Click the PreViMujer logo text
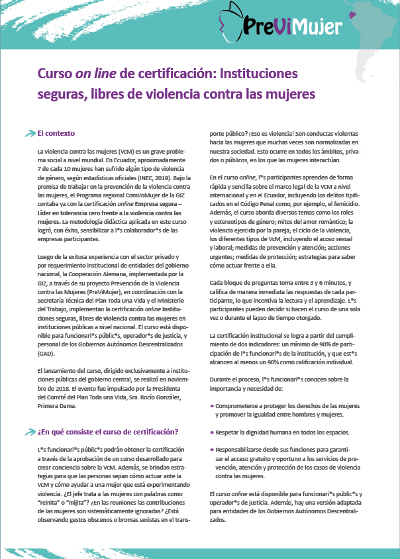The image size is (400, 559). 301,26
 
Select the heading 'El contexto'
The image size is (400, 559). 56,133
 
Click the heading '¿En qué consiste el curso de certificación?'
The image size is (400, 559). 108,432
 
